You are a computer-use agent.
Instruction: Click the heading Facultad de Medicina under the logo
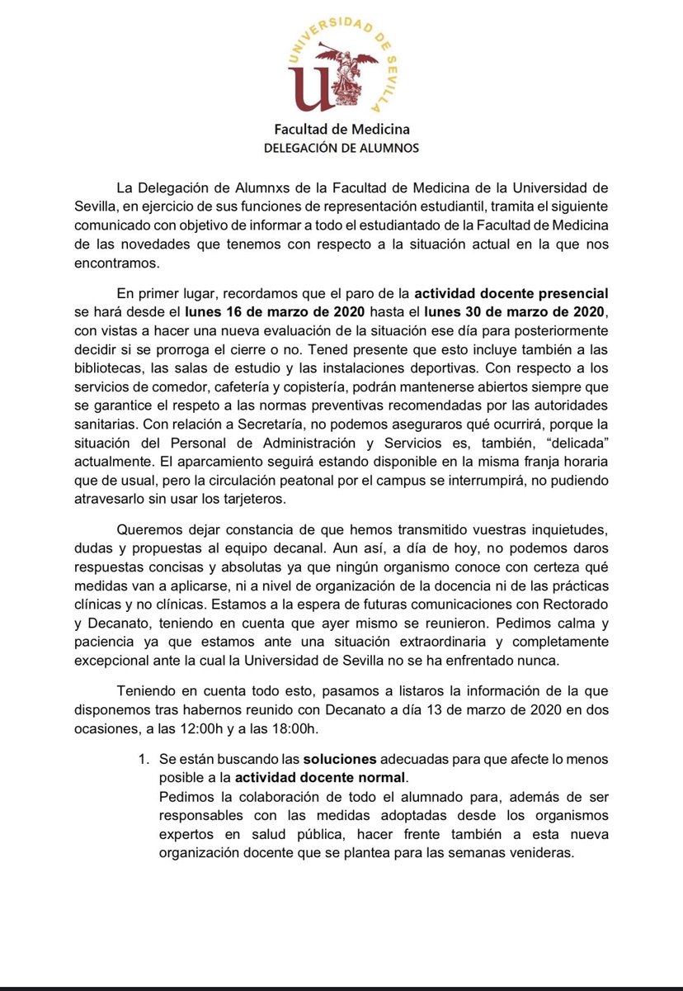tap(341, 130)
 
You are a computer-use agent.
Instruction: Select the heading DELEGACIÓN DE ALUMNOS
tap(341, 149)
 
